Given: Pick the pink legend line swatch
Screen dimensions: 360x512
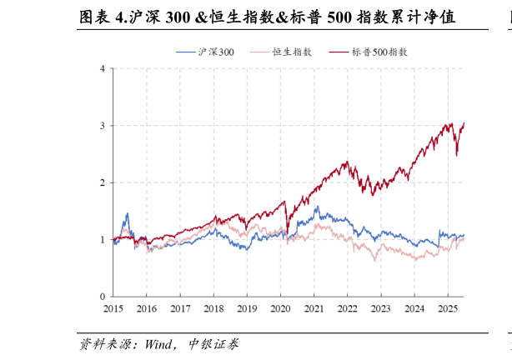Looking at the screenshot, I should click(x=259, y=52).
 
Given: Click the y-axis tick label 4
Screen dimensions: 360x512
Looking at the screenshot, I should click(x=102, y=68).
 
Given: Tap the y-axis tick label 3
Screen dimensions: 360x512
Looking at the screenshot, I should click(x=102, y=126).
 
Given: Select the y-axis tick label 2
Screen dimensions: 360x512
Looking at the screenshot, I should click(x=102, y=182).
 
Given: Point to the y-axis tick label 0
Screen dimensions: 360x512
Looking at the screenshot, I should click(x=102, y=297).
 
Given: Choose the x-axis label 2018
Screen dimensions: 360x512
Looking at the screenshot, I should click(x=213, y=308).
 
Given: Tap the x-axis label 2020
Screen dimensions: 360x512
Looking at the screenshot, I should click(x=280, y=308).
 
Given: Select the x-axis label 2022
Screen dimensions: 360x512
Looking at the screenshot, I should click(x=347, y=308).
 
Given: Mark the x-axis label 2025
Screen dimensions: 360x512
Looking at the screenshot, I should click(x=447, y=308).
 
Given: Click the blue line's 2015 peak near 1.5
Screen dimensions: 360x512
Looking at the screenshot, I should click(x=127, y=213).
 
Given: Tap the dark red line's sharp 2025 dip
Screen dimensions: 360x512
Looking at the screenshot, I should click(x=456, y=155).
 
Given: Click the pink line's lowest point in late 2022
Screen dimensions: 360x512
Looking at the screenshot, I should click(x=374, y=260).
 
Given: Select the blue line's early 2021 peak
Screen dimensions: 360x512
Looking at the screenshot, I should click(x=317, y=207).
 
